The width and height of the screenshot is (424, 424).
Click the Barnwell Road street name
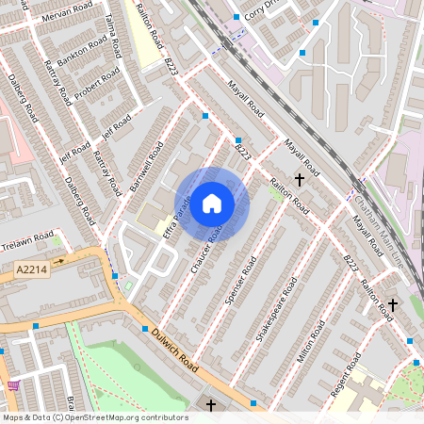click(x=146, y=167)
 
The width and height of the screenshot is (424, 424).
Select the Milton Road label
click(x=311, y=340)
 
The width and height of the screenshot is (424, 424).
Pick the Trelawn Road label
click(x=28, y=238)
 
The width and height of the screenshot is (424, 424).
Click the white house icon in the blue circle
click(x=212, y=203)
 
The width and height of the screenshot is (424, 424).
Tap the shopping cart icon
click(x=12, y=384)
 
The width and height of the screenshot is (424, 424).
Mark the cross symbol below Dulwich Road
click(x=210, y=405)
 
